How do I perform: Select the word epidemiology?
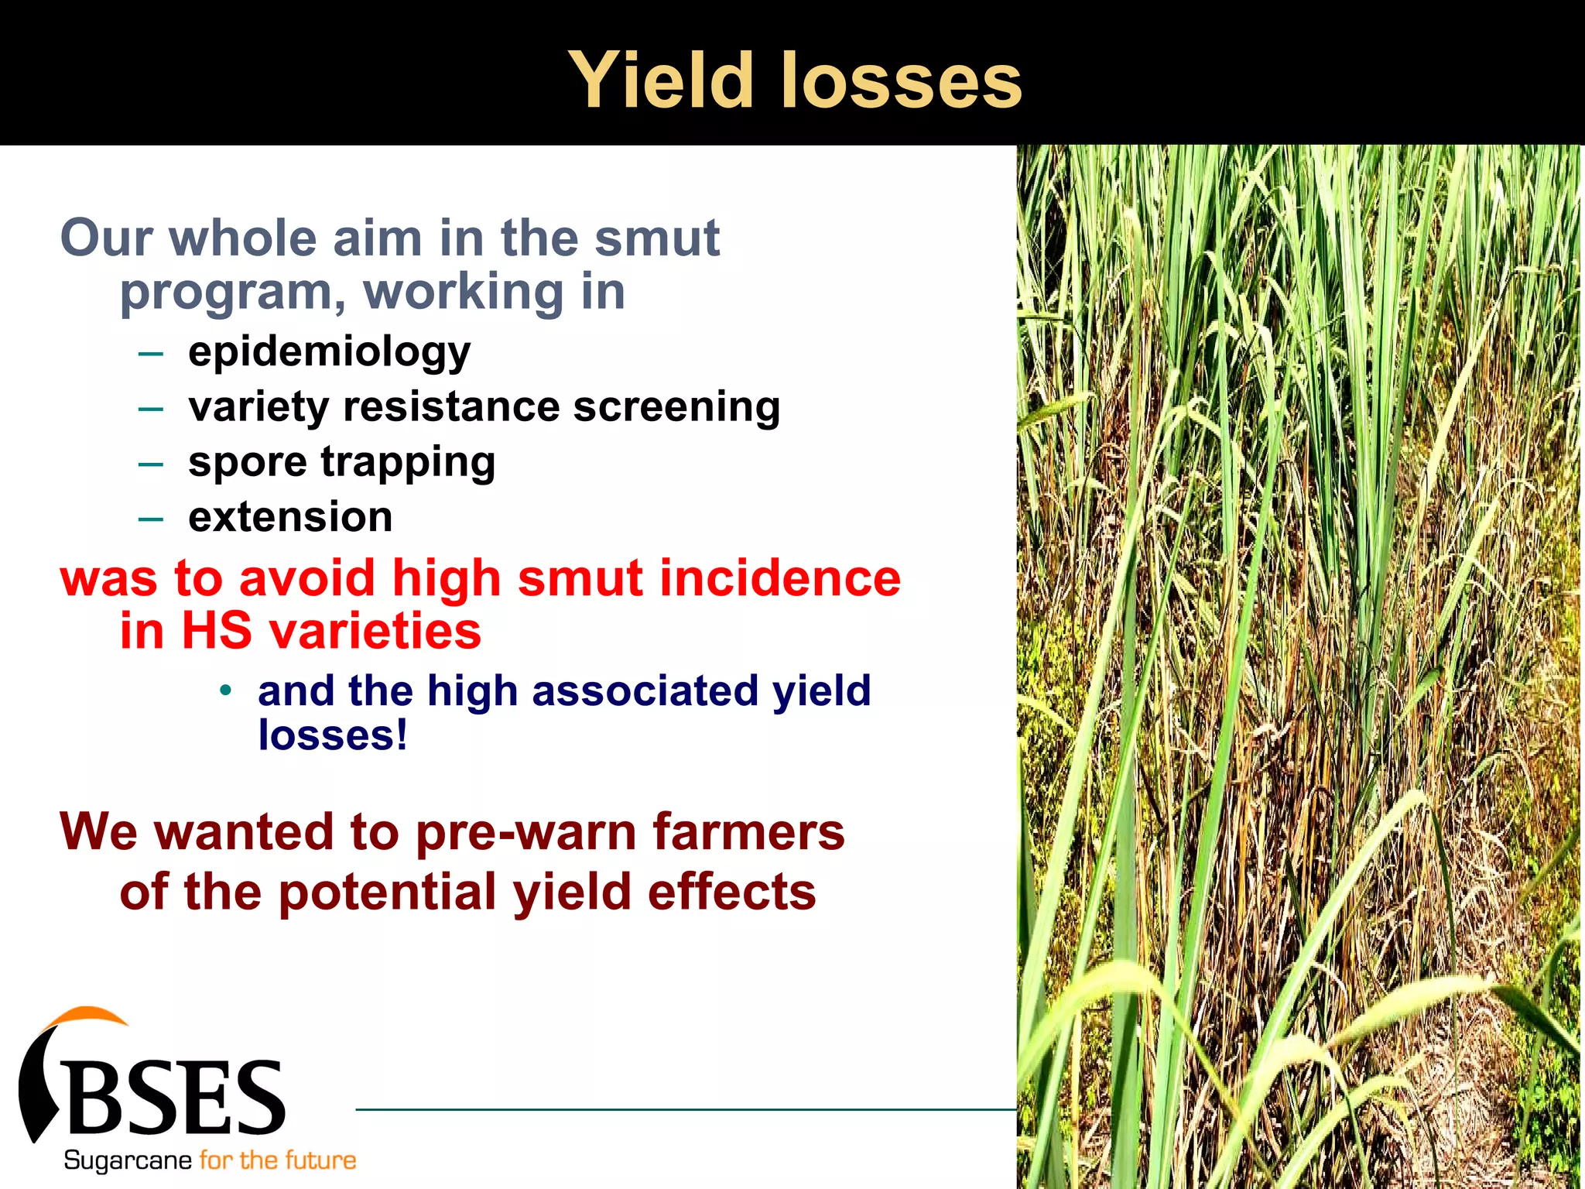pos(329,352)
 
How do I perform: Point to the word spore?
pos(248,463)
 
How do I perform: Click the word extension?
pos(290,517)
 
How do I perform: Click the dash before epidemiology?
pos(151,355)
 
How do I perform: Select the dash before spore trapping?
pos(151,464)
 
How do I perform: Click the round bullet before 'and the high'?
pos(225,690)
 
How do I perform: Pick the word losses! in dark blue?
pos(332,735)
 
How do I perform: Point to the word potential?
pos(387,892)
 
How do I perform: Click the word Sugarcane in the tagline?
pos(128,1160)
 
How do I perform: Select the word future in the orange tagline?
pos(320,1160)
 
